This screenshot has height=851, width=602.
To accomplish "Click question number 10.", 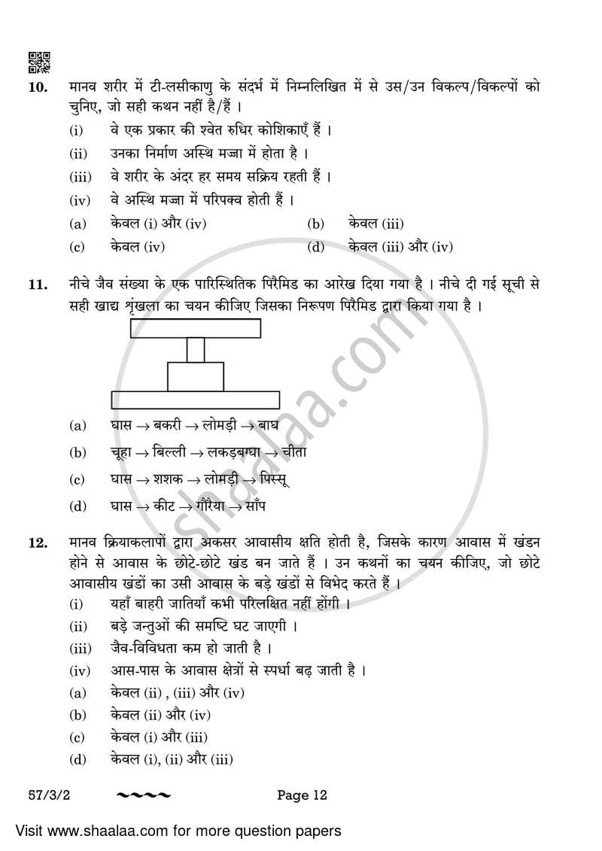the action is click(x=38, y=87).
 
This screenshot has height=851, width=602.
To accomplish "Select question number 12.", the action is click(x=38, y=543).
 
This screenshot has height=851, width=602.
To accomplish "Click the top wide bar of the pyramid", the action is click(x=196, y=329).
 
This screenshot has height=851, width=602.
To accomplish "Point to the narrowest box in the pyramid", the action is click(x=196, y=350).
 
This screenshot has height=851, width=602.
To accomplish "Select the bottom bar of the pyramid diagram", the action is click(x=196, y=400).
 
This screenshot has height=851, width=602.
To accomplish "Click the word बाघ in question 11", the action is click(x=269, y=425).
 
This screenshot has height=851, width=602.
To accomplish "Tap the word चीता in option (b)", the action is click(x=292, y=452).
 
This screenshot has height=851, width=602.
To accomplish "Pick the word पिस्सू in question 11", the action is click(x=274, y=479).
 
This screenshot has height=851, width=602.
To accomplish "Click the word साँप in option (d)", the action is click(x=252, y=506).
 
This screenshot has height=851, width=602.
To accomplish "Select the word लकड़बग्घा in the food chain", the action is click(x=232, y=452).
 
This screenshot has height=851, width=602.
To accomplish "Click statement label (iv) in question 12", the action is click(x=80, y=670).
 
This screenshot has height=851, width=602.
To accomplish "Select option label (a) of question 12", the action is click(x=77, y=693).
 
